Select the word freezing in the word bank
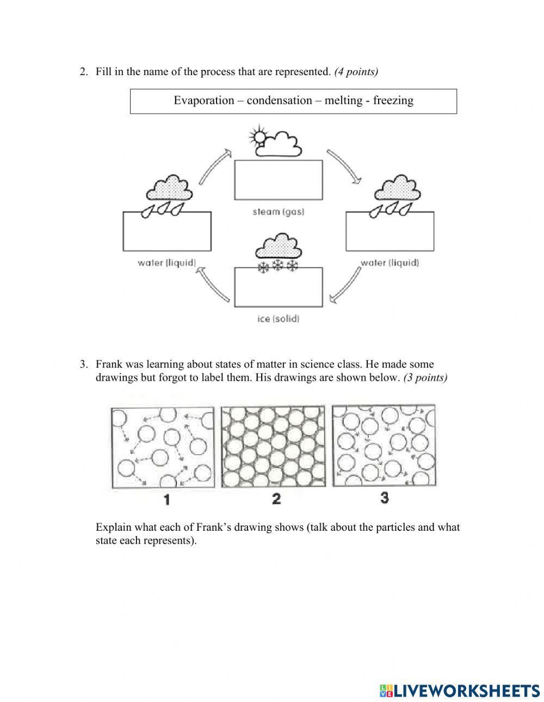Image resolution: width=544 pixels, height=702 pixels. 393,101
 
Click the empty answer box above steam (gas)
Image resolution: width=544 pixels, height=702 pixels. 278,179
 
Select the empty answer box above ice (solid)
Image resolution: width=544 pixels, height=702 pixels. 278,287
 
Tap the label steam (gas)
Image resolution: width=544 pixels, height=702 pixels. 278,211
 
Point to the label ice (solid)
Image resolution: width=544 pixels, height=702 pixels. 278,319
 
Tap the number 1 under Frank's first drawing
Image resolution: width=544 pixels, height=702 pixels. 166,499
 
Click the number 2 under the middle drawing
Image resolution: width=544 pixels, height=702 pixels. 276,498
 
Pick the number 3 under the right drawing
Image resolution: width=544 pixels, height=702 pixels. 385,497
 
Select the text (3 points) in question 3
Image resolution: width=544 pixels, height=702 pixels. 425,378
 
